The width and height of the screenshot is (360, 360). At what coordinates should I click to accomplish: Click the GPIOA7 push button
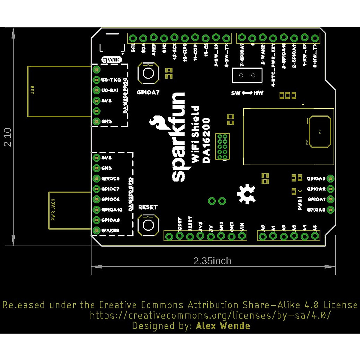pos(148,73)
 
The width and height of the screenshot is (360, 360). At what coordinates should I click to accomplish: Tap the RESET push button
pos(148,225)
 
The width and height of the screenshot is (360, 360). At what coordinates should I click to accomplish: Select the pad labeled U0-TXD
pos(96,80)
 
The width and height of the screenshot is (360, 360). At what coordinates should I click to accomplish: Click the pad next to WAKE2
pos(96,230)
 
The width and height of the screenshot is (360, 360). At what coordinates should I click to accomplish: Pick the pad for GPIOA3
pos(330,178)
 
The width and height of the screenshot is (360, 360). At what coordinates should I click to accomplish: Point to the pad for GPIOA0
pos(330,209)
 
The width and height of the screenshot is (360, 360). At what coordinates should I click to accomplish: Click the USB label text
pos(32,90)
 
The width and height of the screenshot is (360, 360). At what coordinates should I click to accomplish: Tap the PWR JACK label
pos(53,209)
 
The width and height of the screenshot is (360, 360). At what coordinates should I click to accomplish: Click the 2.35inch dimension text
pos(212,261)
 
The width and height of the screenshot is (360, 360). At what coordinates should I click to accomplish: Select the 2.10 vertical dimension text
pos(7,137)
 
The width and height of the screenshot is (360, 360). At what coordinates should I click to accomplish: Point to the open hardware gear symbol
pos(246,194)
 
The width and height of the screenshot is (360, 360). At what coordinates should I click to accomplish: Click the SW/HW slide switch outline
pos(247,75)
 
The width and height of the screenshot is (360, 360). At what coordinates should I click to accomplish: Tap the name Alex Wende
pos(223,326)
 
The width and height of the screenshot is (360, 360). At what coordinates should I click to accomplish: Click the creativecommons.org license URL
pos(210,315)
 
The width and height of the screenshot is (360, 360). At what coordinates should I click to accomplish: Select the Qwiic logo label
pos(112,60)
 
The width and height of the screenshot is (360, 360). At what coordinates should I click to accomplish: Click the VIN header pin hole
pos(242,236)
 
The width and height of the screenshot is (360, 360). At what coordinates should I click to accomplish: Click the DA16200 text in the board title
pos(206,140)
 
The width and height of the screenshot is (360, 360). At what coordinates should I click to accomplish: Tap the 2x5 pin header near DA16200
pos(222,147)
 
